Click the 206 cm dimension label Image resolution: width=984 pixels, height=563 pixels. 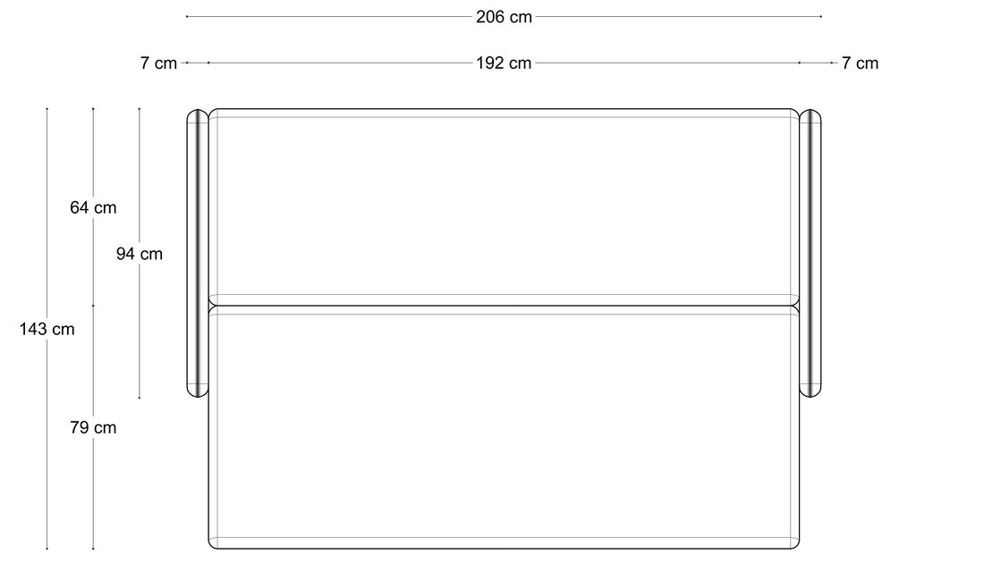click(x=504, y=17)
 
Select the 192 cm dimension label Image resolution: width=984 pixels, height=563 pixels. click(x=504, y=63)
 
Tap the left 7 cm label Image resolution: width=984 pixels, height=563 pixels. click(x=158, y=63)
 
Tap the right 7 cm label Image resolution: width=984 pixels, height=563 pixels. click(x=860, y=63)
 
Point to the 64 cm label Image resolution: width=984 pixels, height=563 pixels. click(x=93, y=207)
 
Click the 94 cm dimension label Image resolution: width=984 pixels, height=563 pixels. click(x=140, y=254)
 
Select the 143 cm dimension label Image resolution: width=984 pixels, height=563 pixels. click(x=47, y=329)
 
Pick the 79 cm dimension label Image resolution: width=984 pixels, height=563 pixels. click(x=93, y=427)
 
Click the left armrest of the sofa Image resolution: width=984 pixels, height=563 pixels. click(x=198, y=253)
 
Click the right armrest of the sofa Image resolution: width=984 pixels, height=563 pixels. click(x=810, y=253)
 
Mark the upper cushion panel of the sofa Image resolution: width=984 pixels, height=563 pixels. click(x=504, y=207)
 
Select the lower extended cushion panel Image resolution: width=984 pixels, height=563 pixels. click(x=504, y=427)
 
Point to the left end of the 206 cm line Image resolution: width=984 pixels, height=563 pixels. click(x=187, y=16)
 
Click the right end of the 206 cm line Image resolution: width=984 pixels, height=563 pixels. click(x=821, y=16)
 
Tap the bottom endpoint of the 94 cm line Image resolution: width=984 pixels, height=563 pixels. click(x=140, y=398)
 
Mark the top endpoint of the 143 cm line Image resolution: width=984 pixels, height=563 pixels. click(x=47, y=108)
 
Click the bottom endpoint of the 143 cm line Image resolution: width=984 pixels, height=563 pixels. click(x=47, y=549)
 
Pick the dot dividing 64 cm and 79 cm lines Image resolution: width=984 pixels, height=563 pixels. click(x=94, y=306)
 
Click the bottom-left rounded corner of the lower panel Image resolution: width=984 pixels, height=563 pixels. click(x=211, y=546)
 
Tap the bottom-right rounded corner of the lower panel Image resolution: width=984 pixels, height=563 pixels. click(x=797, y=546)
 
